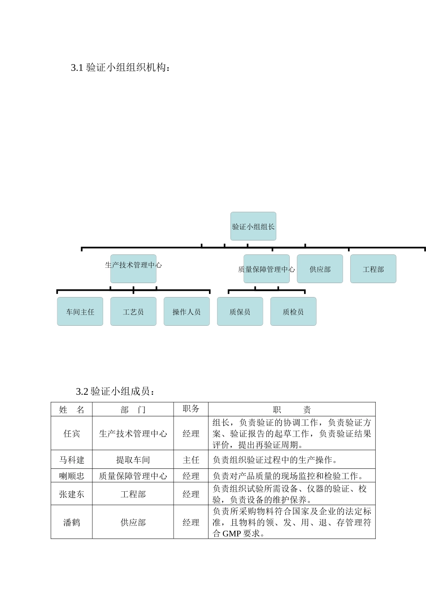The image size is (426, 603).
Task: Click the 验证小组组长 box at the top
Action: click(253, 227)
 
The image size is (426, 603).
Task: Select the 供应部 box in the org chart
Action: click(320, 269)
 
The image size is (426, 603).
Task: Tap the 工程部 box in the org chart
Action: click(373, 269)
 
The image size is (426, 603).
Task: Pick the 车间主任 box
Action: click(80, 312)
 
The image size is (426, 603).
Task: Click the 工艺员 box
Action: click(133, 312)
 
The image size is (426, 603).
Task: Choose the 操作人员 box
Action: click(187, 312)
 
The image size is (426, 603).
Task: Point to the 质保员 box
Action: click(240, 312)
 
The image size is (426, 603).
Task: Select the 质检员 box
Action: click(293, 312)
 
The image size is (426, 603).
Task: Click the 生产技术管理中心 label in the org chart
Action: click(133, 265)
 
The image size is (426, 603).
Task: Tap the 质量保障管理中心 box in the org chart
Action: click(266, 269)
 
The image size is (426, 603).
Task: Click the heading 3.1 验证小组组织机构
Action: click(120, 68)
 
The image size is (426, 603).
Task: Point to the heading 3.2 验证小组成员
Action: click(116, 391)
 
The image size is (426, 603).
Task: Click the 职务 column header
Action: click(191, 409)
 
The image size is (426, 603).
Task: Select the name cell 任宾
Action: click(72, 433)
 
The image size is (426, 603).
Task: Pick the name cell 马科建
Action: click(72, 460)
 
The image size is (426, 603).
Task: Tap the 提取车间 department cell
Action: click(133, 460)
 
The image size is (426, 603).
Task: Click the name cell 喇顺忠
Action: click(72, 476)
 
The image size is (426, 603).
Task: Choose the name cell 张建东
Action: click(72, 494)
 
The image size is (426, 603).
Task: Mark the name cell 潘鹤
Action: click(72, 522)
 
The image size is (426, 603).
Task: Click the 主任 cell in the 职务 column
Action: click(191, 460)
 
